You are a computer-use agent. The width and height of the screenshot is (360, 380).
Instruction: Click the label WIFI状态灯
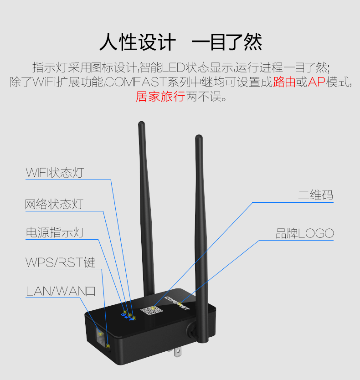coord(55,173)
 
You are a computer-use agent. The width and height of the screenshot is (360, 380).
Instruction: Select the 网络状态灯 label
coord(54,204)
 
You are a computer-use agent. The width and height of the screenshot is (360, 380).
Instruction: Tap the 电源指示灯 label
coord(55,232)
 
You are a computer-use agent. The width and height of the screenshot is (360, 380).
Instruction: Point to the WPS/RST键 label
coord(60,262)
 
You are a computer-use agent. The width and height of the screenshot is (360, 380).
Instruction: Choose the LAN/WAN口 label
coord(61,291)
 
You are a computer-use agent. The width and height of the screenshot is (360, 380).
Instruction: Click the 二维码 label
coord(315,195)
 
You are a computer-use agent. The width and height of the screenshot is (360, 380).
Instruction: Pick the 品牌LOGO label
coord(305,234)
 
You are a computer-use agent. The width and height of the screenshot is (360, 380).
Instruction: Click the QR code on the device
coord(151,311)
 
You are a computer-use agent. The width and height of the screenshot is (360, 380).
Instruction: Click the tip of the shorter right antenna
coord(198,138)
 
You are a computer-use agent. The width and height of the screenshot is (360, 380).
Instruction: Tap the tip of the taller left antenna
coord(141,124)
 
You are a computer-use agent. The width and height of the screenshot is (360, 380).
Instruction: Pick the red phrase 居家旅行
coord(160,97)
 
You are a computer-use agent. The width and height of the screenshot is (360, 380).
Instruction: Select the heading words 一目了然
coord(226,43)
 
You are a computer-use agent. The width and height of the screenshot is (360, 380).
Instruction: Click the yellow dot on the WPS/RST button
coord(108,346)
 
